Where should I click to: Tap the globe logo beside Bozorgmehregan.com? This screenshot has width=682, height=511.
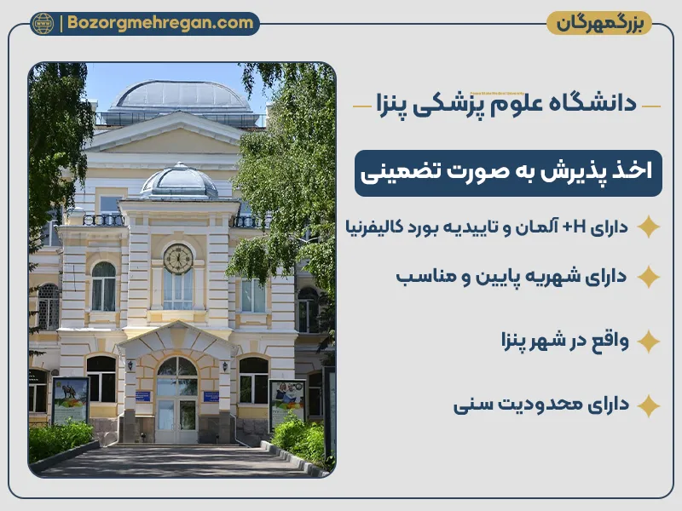click(43, 24)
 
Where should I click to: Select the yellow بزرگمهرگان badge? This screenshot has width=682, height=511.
click(598, 23)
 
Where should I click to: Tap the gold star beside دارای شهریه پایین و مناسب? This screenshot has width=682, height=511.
click(649, 277)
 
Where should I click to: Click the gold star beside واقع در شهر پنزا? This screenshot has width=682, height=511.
click(649, 342)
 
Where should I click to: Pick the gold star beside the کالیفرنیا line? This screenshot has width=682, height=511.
click(649, 227)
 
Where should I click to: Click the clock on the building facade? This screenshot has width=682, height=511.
click(178, 258)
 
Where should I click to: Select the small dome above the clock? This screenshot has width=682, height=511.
click(179, 181)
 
